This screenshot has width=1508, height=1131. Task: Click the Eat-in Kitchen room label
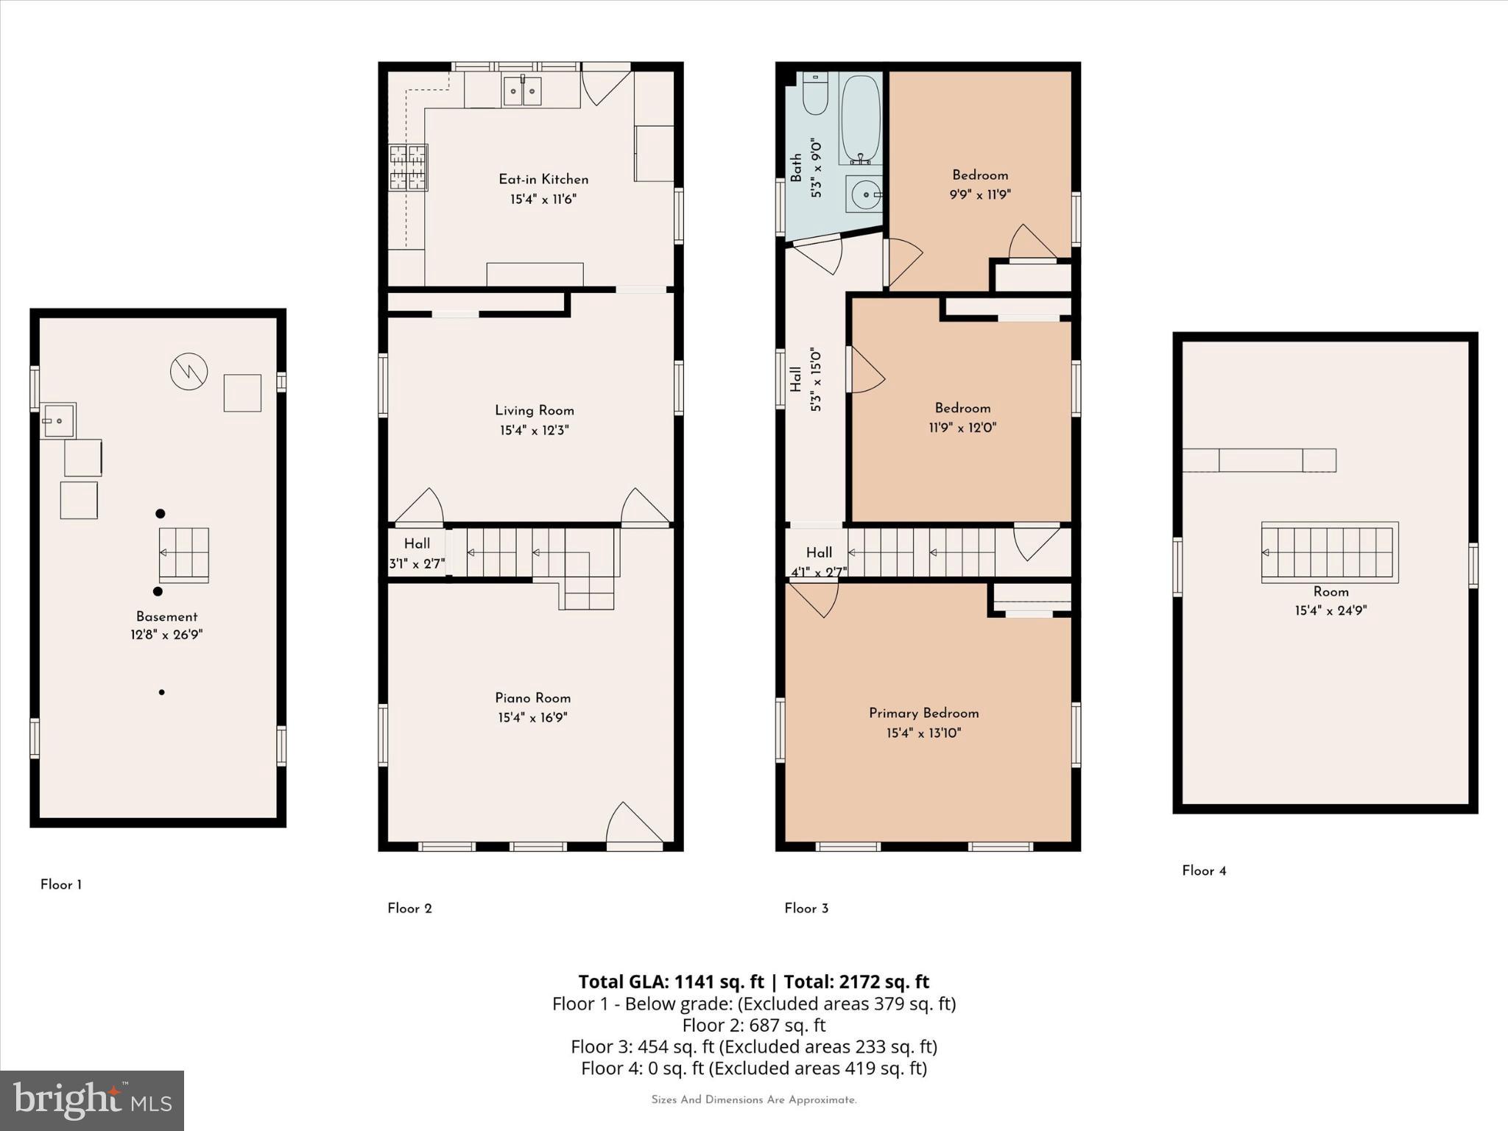click(x=543, y=180)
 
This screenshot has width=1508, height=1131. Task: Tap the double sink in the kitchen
click(x=523, y=91)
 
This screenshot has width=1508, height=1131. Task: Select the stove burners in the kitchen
click(x=408, y=168)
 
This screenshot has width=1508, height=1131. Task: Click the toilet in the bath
click(x=815, y=94)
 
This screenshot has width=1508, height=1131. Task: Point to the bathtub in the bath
click(x=861, y=118)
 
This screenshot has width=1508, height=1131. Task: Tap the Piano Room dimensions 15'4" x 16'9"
click(x=532, y=718)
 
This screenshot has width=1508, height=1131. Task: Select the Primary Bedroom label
click(x=923, y=714)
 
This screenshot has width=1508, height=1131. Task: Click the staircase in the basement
click(x=184, y=554)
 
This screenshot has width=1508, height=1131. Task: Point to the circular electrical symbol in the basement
click(x=188, y=372)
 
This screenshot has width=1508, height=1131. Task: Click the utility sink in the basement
click(x=58, y=420)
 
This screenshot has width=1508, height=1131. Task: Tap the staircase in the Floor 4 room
click(x=1329, y=552)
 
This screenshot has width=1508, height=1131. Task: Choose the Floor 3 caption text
click(x=806, y=909)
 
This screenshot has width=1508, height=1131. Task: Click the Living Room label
click(x=534, y=411)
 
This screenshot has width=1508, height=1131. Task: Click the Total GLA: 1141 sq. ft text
click(x=671, y=982)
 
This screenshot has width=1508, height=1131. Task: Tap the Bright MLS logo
click(x=92, y=1100)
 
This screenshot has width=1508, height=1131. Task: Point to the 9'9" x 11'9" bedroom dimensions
click(x=979, y=195)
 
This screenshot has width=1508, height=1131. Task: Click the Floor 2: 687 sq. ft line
click(x=753, y=1026)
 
